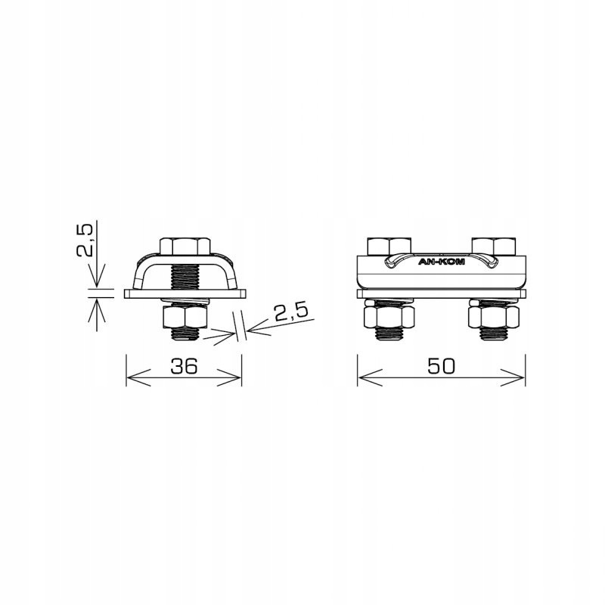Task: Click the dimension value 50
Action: tap(440, 366)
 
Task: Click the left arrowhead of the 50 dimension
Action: tap(362, 377)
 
